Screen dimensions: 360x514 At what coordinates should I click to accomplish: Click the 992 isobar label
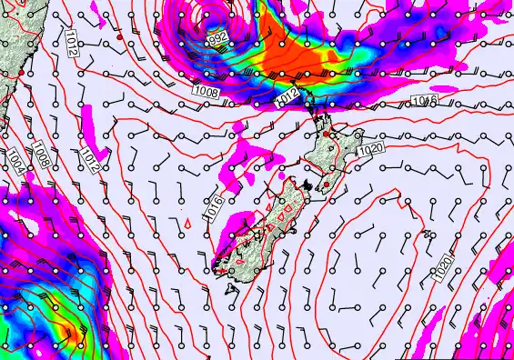(x=217, y=39)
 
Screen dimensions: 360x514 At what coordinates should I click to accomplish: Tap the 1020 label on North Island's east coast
(x=369, y=149)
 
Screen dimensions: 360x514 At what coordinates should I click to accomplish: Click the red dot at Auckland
(x=327, y=134)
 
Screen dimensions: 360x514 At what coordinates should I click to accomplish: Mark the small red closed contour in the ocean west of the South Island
(x=186, y=221)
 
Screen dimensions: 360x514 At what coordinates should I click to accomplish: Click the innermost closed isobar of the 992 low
(x=217, y=17)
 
